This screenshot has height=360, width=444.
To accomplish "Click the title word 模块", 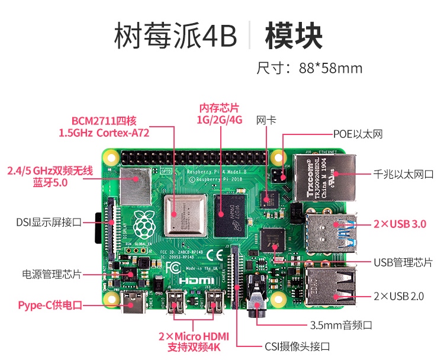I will (294, 37).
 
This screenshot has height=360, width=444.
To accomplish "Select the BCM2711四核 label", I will (104, 121).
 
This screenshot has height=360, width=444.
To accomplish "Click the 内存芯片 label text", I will (219, 108).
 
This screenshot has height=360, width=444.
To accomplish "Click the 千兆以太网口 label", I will (403, 175).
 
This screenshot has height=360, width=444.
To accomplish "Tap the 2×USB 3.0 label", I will (400, 224).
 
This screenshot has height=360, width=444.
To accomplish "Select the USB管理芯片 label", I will (403, 262).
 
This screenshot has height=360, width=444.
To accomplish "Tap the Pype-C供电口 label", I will (50, 306).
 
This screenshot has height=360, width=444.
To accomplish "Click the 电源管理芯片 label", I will (52, 274).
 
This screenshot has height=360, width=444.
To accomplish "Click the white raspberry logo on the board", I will (144, 222).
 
